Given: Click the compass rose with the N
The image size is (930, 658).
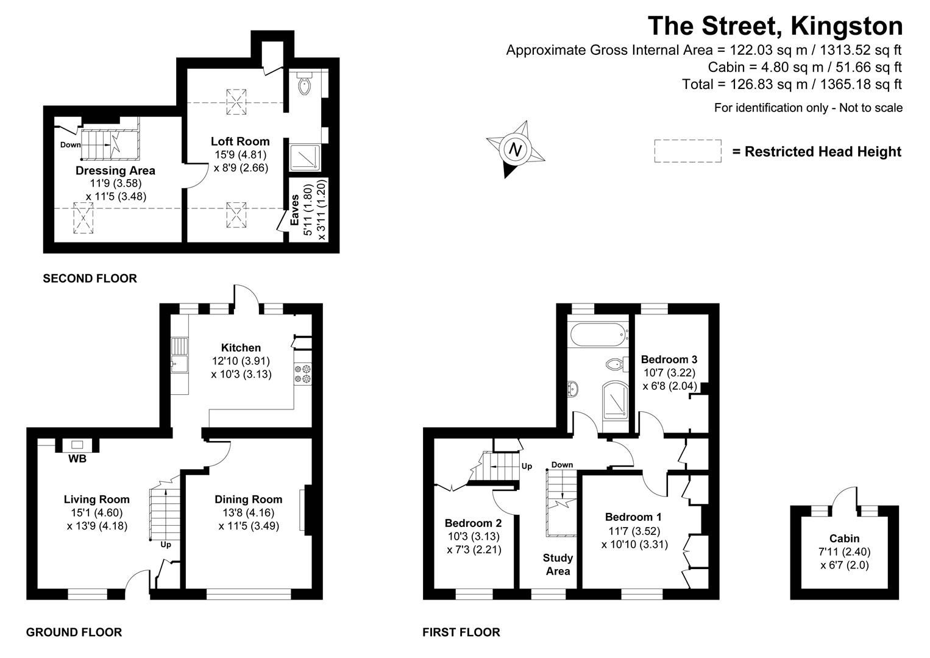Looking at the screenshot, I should point(516,149).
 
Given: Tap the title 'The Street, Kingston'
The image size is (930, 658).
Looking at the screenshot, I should point(775,26).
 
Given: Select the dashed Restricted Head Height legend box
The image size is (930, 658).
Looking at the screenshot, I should point(687,151).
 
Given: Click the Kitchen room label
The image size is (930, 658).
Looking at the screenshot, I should point(241,348).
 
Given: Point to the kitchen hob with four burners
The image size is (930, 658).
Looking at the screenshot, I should point(302,373).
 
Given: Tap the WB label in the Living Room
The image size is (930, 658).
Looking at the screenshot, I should point(77,459).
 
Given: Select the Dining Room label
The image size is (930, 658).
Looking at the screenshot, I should point(249,500).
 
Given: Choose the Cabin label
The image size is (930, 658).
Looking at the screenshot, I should point(844,538).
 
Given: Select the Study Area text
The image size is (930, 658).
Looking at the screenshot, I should point(558,564).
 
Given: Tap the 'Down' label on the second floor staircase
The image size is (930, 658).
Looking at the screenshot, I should point(71,145).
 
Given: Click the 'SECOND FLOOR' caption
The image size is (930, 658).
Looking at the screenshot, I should point(90,278).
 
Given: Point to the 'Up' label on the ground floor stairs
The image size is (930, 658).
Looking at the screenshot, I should point(165,545).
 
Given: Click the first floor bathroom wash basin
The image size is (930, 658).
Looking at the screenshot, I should point(573,388).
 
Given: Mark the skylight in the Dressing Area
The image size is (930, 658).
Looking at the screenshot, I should point(83,218).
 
